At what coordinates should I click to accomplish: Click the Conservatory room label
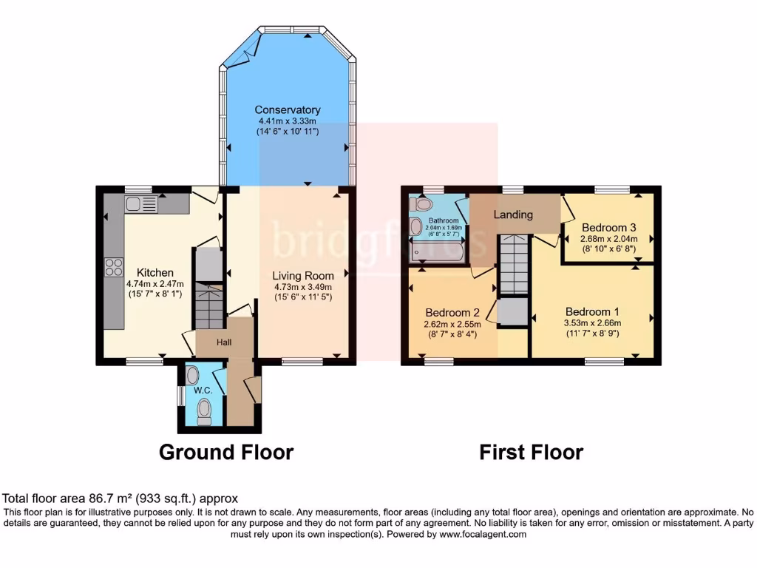(x=288, y=110)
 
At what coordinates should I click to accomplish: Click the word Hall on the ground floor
(x=224, y=343)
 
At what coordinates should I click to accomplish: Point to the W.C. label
(x=203, y=390)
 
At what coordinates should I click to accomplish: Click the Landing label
(x=514, y=214)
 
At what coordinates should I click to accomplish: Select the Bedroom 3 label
(x=609, y=227)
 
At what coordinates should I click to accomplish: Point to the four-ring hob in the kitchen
(x=114, y=266)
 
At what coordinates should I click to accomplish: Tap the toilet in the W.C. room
(x=204, y=410)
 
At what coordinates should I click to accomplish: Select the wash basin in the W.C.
(x=192, y=375)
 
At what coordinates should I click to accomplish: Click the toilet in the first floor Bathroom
(x=423, y=204)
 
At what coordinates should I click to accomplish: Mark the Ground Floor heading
(x=226, y=452)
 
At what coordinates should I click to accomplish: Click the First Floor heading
(x=531, y=452)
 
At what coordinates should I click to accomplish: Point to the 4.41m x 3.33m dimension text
(x=288, y=121)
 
